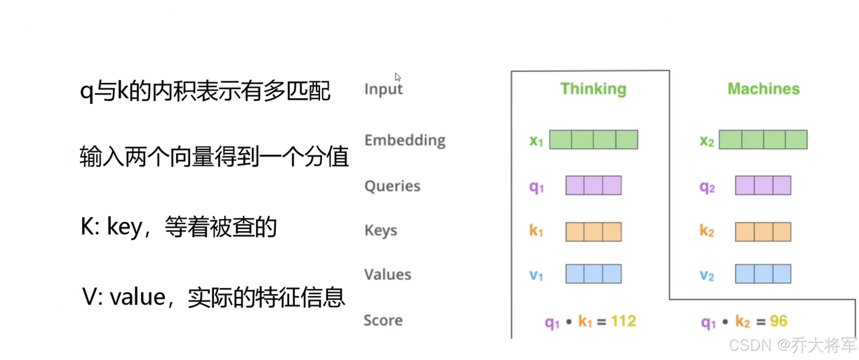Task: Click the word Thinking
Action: [593, 89]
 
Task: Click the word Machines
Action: [763, 89]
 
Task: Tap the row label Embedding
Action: [405, 140]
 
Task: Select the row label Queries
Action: [392, 186]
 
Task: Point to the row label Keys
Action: [381, 230]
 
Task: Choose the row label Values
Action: [388, 274]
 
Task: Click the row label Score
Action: [383, 320]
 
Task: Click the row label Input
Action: [383, 89]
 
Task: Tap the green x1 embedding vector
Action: [594, 139]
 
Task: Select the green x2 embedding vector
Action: [763, 139]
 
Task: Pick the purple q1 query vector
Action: [594, 185]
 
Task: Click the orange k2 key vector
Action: [763, 232]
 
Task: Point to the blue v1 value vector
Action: [594, 274]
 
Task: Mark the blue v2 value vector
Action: [763, 274]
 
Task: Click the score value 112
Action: [623, 321]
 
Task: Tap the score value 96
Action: [779, 321]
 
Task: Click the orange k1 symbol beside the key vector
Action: [536, 230]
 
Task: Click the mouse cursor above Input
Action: [397, 77]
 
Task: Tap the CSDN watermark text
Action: [793, 345]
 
